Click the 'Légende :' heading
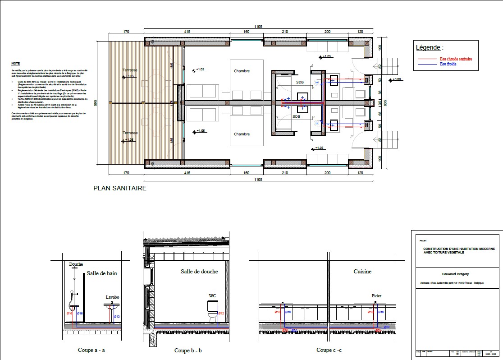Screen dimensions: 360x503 pos(429,47)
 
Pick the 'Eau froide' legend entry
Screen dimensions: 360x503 pos(448,64)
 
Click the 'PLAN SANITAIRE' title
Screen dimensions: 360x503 pos(119,188)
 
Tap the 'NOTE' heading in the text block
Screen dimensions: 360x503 pos(16,64)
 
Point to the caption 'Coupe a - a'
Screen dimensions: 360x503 pos(91,350)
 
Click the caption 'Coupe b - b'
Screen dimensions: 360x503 pos(188,351)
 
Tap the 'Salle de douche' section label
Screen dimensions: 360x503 pos(199,271)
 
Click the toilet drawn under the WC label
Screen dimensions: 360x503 pos(212,309)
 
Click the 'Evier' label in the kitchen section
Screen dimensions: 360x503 pos(377,295)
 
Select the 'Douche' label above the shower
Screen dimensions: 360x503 pos(76,264)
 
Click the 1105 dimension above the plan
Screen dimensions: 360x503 pos(258,27)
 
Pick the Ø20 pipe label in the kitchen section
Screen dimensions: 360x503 pos(386,326)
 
